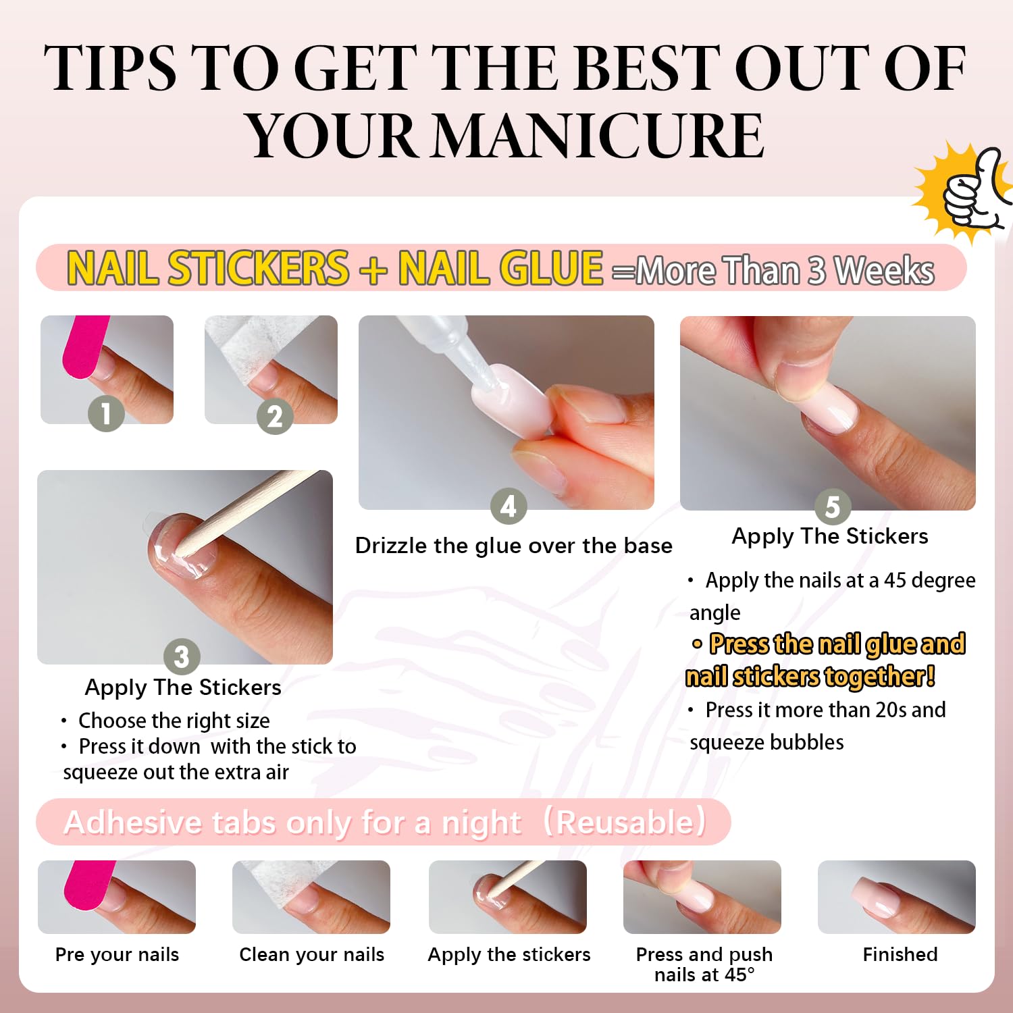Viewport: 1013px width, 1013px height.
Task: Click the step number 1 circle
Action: (x=106, y=413)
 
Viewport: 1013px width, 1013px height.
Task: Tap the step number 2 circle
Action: (x=275, y=416)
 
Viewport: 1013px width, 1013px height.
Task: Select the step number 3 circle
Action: (x=182, y=656)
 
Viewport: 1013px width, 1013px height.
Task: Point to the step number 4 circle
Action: (x=509, y=506)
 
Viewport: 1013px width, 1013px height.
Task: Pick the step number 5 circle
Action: (x=833, y=506)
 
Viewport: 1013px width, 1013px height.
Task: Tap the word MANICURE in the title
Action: (x=598, y=135)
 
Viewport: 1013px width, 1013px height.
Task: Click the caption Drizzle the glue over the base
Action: (x=514, y=546)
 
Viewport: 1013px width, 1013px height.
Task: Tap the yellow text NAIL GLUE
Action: (x=500, y=268)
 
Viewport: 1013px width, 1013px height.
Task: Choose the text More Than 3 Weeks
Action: (x=785, y=271)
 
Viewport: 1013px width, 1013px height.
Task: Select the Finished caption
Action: (x=900, y=954)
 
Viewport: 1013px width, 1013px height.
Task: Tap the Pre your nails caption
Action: (x=117, y=955)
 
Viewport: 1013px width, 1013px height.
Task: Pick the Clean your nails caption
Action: (x=311, y=955)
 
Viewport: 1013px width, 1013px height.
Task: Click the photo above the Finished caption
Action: (x=897, y=897)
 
